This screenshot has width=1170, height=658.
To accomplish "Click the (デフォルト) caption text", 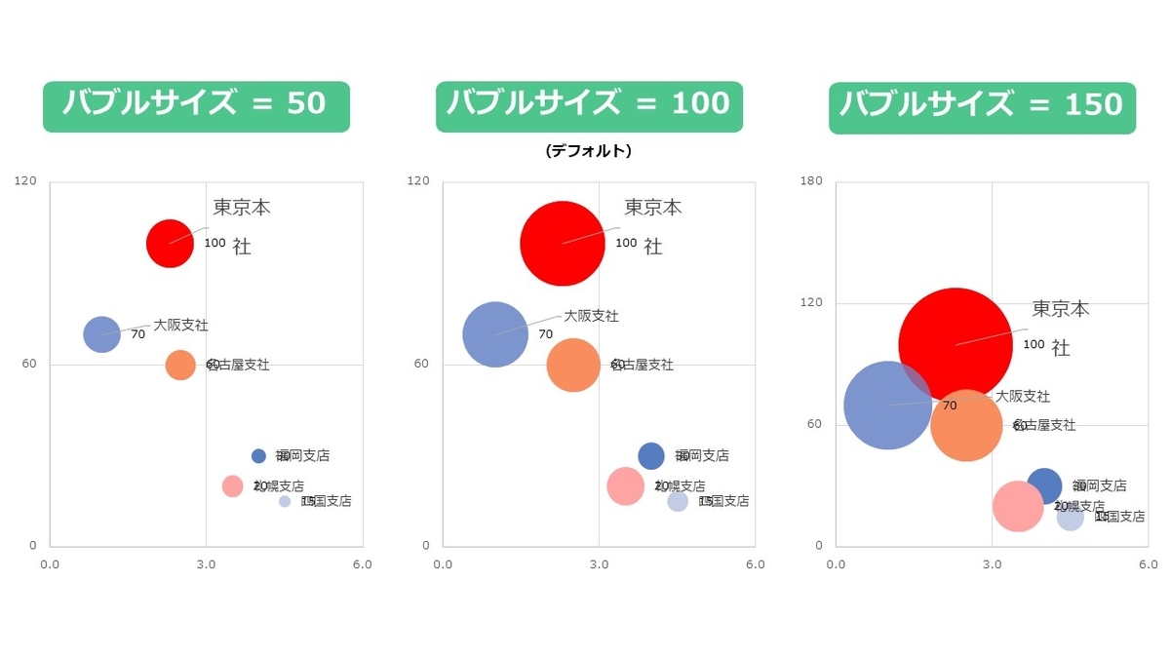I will [589, 151].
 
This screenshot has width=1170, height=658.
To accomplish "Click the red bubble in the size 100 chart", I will [562, 243].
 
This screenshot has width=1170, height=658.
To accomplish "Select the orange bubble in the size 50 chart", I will [180, 365].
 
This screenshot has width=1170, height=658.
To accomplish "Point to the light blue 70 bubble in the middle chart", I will [495, 333].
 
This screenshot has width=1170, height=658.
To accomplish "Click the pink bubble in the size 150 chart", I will [1018, 506].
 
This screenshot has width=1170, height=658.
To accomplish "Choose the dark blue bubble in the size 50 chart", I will [258, 455].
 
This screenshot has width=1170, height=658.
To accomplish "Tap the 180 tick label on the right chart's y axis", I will [811, 181].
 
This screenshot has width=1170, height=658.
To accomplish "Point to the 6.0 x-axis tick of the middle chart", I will [755, 564].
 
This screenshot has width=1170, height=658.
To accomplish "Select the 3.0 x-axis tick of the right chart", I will [993, 564].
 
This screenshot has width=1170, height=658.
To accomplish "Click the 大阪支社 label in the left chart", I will [180, 325].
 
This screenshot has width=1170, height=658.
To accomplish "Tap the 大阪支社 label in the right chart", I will [1023, 397].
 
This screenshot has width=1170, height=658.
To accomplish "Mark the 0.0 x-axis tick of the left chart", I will [49, 564].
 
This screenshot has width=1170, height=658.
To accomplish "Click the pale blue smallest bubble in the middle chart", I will [678, 501].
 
